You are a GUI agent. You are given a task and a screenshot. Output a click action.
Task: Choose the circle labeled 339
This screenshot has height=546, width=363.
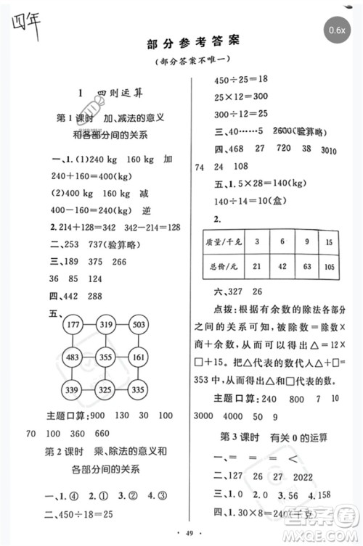(75, 390)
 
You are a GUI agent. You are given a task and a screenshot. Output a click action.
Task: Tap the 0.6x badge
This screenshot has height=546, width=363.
(337, 30)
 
